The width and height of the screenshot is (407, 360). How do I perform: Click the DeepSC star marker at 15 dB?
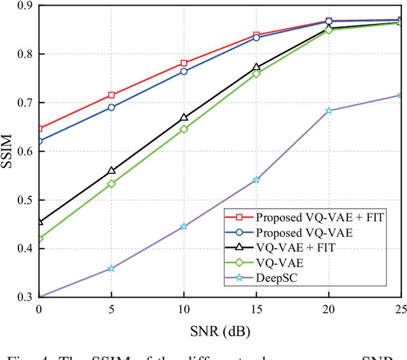click(256, 180)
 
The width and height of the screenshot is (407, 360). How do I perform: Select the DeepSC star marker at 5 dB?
click(111, 268)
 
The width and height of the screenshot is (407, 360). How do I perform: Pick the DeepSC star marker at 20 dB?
click(329, 111)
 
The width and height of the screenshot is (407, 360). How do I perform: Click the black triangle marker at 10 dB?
click(184, 118)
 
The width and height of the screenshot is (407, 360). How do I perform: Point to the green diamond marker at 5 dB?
click(111, 184)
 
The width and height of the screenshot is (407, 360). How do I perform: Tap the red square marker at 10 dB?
click(184, 64)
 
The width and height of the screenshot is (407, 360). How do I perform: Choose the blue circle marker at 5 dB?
click(111, 107)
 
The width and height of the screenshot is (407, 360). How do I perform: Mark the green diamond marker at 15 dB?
click(256, 74)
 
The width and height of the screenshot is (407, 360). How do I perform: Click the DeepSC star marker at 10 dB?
click(184, 226)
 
